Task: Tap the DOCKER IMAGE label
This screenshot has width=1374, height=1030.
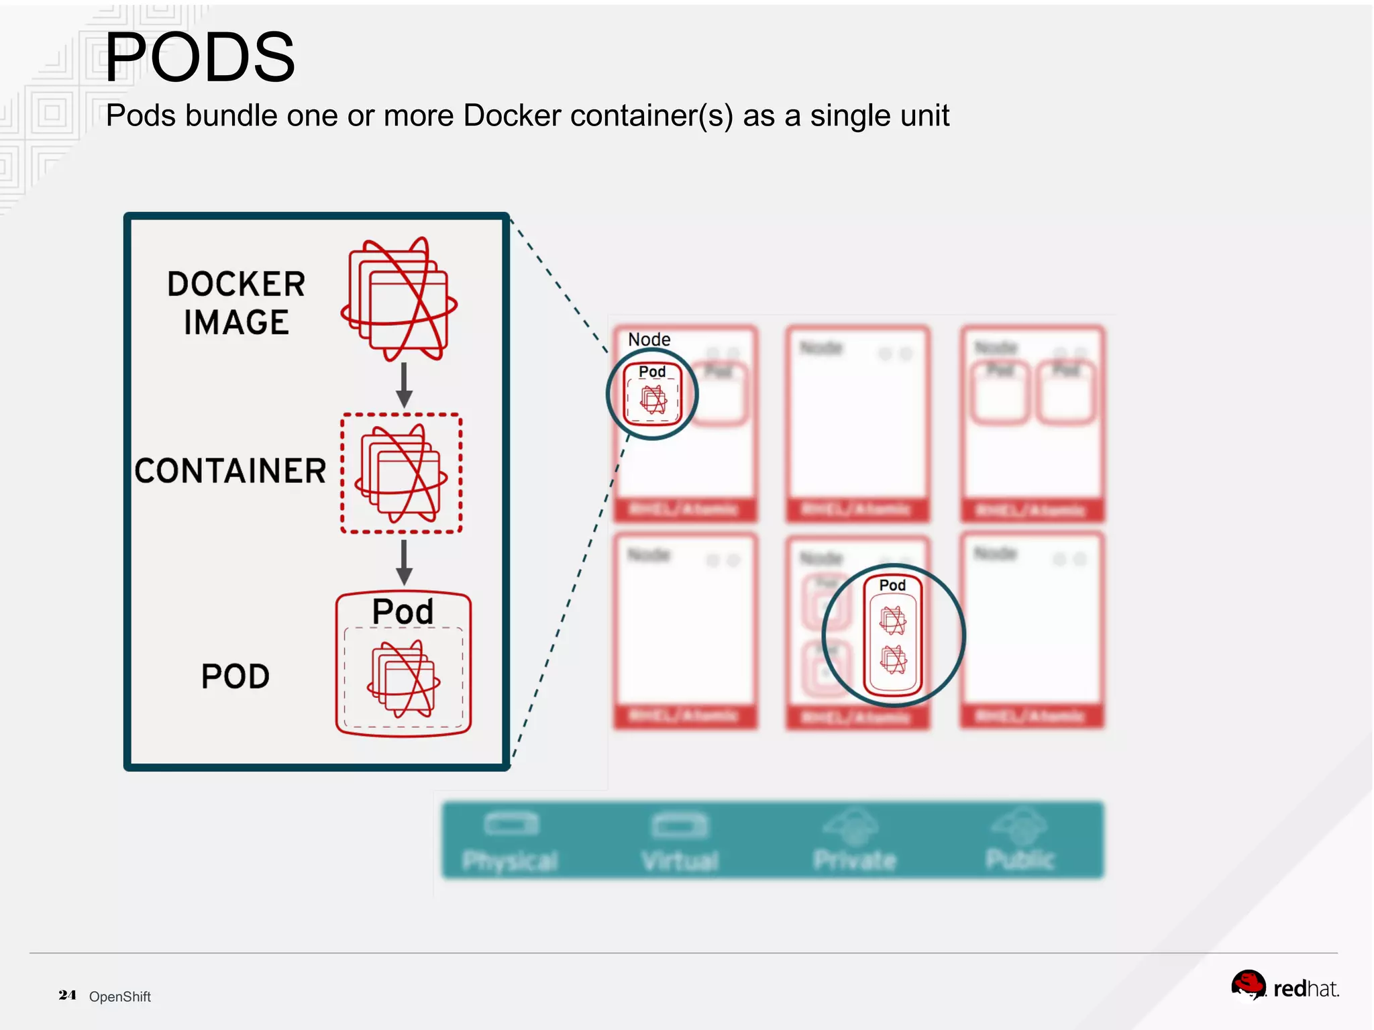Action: [x=236, y=303]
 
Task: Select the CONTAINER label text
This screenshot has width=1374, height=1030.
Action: [x=230, y=470]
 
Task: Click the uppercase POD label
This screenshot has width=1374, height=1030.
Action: [x=235, y=676]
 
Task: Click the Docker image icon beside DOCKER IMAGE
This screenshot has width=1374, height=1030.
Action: [x=400, y=299]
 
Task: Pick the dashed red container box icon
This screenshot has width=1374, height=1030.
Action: [x=401, y=473]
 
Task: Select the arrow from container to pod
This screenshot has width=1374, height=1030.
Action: [x=404, y=562]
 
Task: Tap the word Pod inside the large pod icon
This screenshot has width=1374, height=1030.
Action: [x=403, y=611]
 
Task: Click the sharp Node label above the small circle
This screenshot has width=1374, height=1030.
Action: [x=649, y=340]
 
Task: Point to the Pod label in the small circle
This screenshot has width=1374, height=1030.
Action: [x=652, y=372]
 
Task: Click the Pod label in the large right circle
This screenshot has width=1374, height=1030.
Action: [x=892, y=585]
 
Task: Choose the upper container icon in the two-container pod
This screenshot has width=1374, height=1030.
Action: [x=893, y=620]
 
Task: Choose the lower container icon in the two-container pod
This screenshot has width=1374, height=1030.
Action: [x=893, y=660]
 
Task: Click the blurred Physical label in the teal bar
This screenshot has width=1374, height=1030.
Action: [x=510, y=861]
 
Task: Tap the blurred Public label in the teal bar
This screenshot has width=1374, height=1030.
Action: [x=1020, y=859]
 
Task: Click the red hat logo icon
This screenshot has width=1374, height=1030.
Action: [x=1248, y=985]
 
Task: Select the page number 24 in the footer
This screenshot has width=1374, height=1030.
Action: [x=67, y=995]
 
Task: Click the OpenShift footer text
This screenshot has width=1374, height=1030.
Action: [x=120, y=996]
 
